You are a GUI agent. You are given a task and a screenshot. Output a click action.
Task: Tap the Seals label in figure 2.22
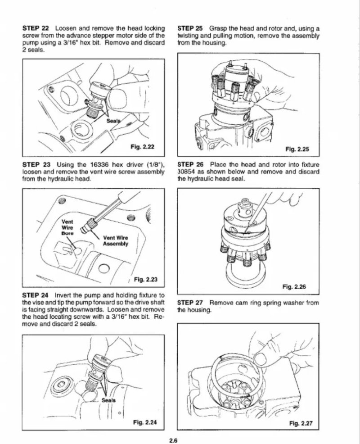pos(113,121)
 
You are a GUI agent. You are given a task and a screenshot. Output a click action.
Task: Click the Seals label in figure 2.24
pos(109,400)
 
